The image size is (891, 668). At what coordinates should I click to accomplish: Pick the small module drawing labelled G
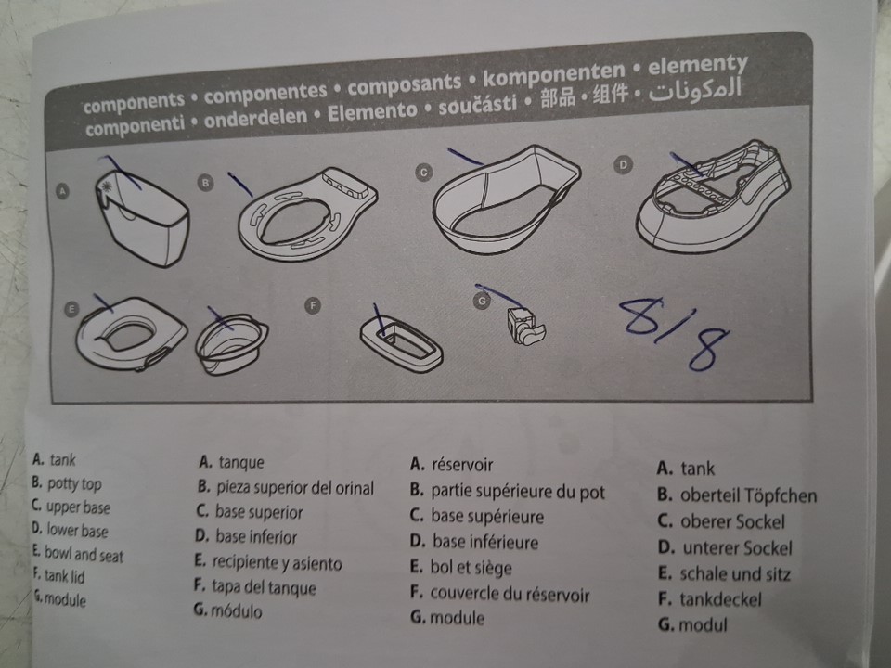[x=525, y=327]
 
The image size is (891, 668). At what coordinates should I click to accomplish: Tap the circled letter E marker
[x=71, y=309]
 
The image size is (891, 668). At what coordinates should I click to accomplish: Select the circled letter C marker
[x=424, y=172]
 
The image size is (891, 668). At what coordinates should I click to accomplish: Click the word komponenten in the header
[x=553, y=75]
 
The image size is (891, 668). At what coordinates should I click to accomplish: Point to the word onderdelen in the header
[x=255, y=119]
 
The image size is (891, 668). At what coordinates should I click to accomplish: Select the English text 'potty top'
[x=74, y=484]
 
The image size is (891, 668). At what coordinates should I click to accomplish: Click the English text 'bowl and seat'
[x=84, y=554]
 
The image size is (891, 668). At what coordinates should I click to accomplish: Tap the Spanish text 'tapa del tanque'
[x=264, y=586]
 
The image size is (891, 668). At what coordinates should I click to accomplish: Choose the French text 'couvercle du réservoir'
[x=510, y=594]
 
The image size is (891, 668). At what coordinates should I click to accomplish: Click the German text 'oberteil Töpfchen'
[x=748, y=495]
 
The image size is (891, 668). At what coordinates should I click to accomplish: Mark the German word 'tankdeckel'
[x=720, y=599]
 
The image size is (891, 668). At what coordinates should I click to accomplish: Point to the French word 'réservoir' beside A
[x=462, y=465]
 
